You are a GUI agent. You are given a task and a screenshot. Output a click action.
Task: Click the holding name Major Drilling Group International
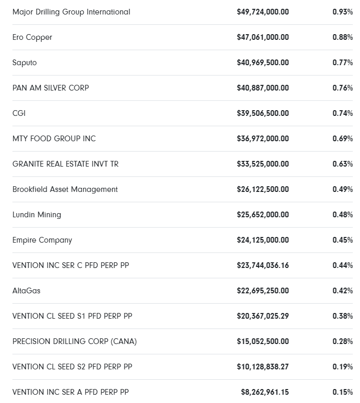pyautogui.click(x=71, y=12)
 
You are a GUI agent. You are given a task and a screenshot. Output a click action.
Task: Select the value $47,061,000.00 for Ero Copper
pyautogui.click(x=263, y=37)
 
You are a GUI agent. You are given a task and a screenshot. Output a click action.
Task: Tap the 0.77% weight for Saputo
pyautogui.click(x=342, y=63)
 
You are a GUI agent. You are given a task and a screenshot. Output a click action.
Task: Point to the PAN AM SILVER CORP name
pyautogui.click(x=51, y=88)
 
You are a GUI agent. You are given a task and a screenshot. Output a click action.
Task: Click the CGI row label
pyautogui.click(x=19, y=113)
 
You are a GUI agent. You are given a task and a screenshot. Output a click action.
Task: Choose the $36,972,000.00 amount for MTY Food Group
pyautogui.click(x=263, y=139)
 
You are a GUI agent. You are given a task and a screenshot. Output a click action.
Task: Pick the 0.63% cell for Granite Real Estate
pyautogui.click(x=342, y=164)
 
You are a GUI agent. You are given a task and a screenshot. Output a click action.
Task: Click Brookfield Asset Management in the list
pyautogui.click(x=65, y=189)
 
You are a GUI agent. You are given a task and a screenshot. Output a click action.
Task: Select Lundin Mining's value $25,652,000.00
pyautogui.click(x=263, y=215)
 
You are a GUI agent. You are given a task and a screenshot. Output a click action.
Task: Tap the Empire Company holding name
pyautogui.click(x=42, y=240)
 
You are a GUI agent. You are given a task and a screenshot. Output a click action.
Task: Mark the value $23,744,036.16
pyautogui.click(x=263, y=265)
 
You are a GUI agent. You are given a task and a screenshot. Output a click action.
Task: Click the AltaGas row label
pyautogui.click(x=26, y=291)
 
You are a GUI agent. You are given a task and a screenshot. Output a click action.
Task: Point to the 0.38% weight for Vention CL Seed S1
pyautogui.click(x=342, y=316)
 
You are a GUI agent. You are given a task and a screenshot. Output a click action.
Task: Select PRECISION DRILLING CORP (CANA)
pyautogui.click(x=74, y=341)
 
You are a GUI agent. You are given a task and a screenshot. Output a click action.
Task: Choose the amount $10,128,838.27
pyautogui.click(x=263, y=367)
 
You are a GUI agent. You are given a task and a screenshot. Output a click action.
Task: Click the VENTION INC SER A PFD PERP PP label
pyautogui.click(x=70, y=392)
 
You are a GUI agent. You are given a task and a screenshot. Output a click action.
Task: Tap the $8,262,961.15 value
pyautogui.click(x=265, y=392)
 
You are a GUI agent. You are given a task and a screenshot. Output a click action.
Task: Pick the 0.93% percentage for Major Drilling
pyautogui.click(x=342, y=12)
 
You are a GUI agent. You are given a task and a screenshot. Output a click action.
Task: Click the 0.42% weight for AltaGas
pyautogui.click(x=342, y=291)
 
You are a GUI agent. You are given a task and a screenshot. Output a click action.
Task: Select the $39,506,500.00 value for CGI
pyautogui.click(x=263, y=113)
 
